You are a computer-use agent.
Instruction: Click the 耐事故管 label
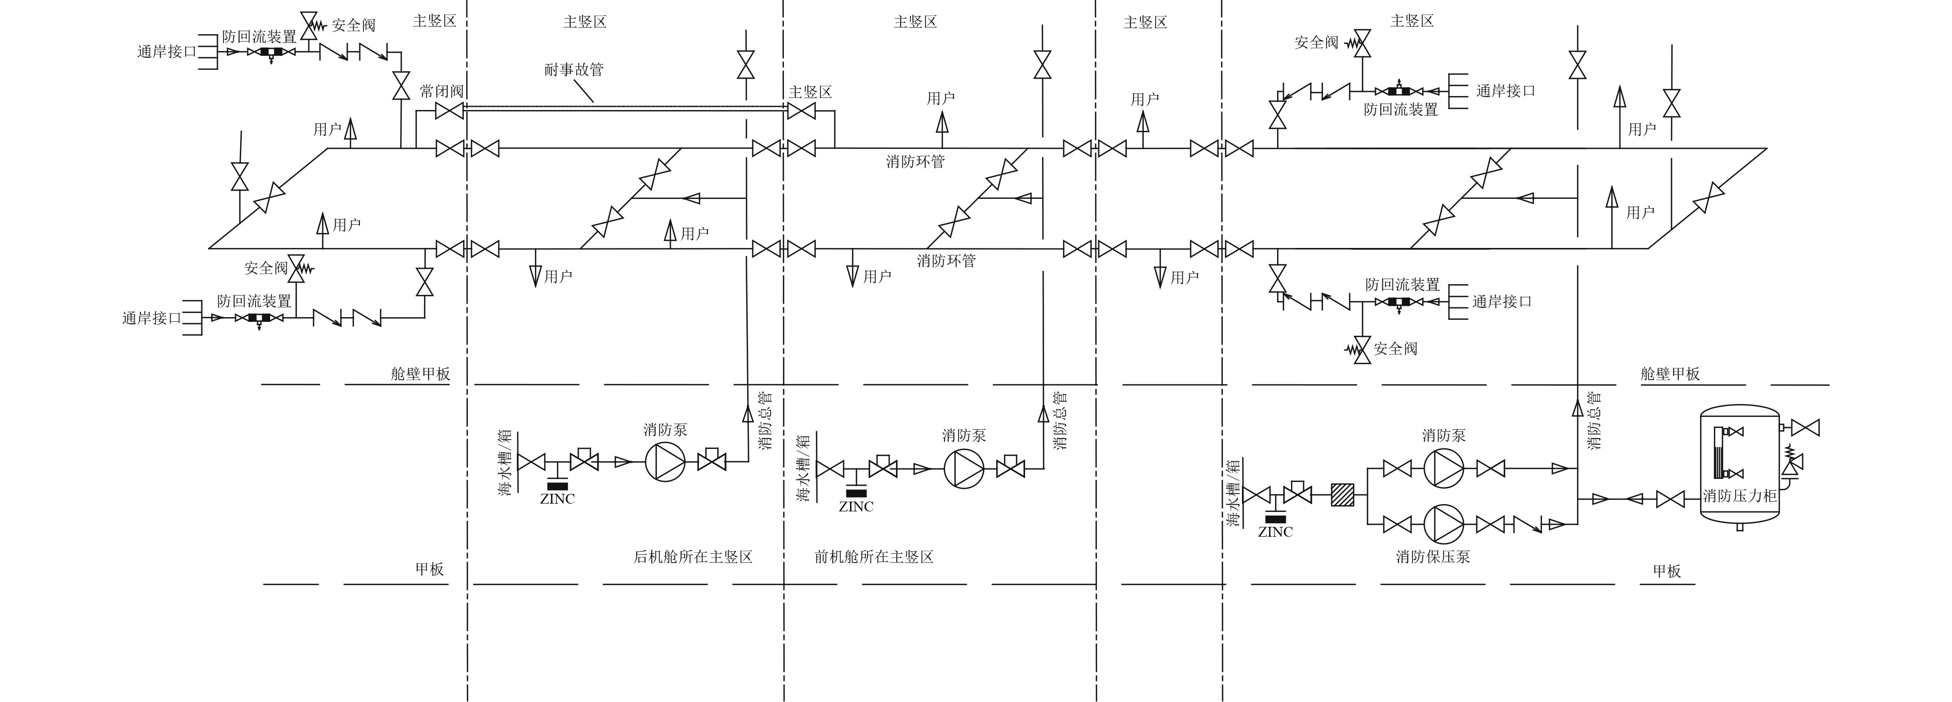click(x=574, y=70)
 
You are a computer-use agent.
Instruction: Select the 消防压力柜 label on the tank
click(x=1740, y=496)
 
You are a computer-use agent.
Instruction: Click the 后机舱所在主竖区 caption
click(x=692, y=557)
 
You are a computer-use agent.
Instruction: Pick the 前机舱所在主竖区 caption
click(x=874, y=557)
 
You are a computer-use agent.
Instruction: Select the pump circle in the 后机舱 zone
click(x=665, y=461)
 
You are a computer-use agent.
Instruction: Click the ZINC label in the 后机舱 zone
click(x=557, y=500)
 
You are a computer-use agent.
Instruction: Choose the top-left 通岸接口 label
click(x=167, y=52)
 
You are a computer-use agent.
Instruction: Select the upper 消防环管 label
click(x=916, y=162)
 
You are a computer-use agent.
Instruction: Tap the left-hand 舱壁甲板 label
click(x=420, y=374)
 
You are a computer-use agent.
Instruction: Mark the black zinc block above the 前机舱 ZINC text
click(x=856, y=493)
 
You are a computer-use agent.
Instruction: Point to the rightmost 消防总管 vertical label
click(x=1594, y=421)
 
